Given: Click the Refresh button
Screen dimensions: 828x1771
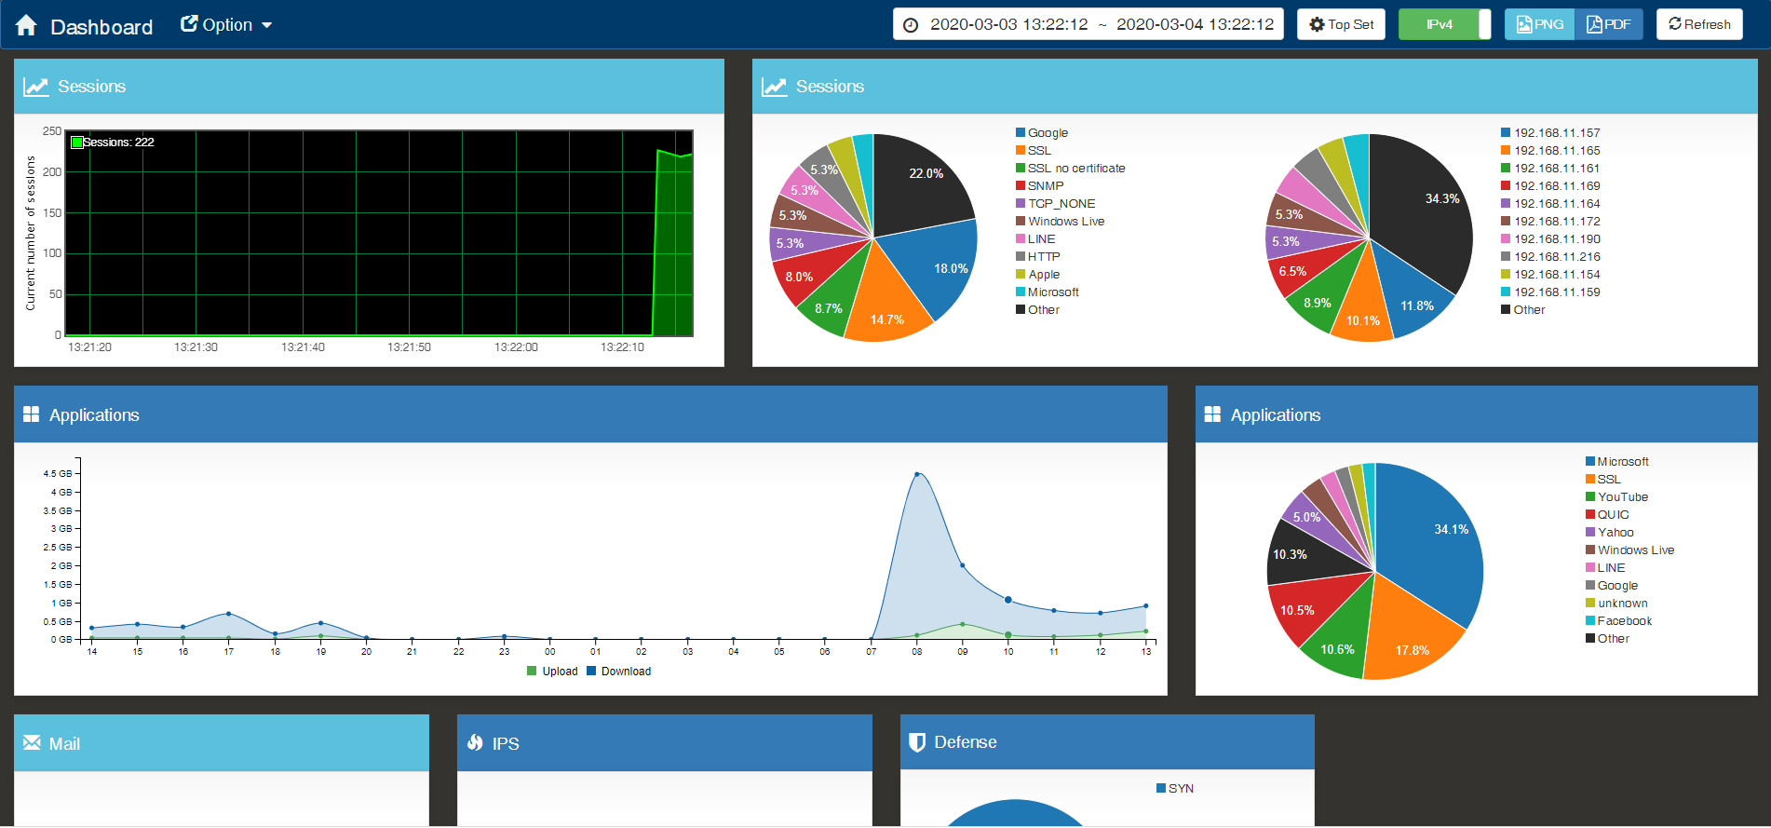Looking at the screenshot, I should [1699, 24].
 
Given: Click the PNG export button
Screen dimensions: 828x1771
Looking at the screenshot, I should [1539, 24].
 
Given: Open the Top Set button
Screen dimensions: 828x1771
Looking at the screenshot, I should [1341, 24].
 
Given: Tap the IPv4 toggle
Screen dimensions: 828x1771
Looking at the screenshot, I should [1444, 24].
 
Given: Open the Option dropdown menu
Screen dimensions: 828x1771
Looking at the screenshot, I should [226, 25].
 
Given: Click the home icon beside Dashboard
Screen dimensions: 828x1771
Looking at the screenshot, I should [26, 25].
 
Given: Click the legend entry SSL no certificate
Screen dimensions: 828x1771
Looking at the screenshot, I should [1075, 169].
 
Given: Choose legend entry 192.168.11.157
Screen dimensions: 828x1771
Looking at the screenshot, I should [1556, 133].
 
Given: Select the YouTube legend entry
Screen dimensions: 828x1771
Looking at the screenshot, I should [1622, 497].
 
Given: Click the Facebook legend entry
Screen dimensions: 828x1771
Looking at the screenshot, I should [1624, 621].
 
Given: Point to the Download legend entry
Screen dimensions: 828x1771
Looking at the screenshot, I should [625, 672].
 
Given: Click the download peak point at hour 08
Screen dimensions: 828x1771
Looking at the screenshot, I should [917, 474].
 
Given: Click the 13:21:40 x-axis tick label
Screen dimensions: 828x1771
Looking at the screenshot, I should [303, 347].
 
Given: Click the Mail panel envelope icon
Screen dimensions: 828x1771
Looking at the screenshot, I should [32, 742].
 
